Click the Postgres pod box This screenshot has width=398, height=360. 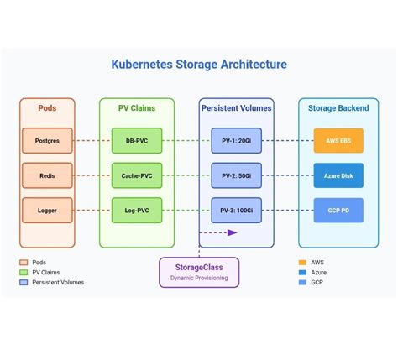coord(47,140)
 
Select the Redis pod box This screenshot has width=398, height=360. coord(47,175)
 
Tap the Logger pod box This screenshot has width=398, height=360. coord(47,211)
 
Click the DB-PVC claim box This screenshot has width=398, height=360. coord(137,140)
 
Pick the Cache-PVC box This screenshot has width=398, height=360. coord(137,175)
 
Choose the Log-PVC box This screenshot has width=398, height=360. coord(137,211)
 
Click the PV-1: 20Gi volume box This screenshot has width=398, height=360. coord(236,140)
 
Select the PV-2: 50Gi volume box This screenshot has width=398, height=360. coord(236,175)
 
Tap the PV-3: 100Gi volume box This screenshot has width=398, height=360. coord(236,211)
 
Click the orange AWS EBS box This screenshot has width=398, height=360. coord(338,140)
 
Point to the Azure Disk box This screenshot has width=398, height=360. coord(338,175)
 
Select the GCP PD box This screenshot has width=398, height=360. coord(338,211)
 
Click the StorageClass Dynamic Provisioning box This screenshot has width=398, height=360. coord(199,272)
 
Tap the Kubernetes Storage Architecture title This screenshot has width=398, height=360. coord(199,65)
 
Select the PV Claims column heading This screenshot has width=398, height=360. coord(137,108)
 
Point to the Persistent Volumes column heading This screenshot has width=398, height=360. coord(236,108)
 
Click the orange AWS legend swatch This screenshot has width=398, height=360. coord(302,263)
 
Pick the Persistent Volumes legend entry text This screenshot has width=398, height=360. coord(58,283)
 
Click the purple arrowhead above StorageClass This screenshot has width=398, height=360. coord(233,232)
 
